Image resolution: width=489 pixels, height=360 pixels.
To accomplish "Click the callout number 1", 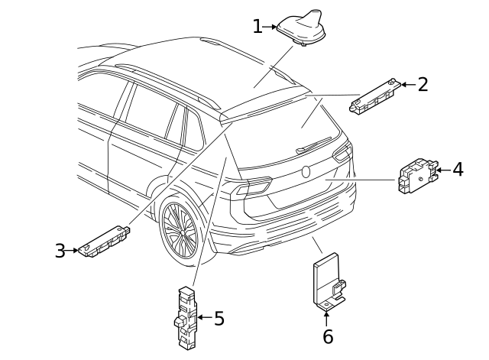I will click(x=257, y=27).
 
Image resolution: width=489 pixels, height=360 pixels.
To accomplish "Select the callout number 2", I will click(x=423, y=83).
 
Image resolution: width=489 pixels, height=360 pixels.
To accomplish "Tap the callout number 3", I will click(x=60, y=251).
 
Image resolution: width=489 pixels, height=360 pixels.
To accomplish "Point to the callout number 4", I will click(x=457, y=169).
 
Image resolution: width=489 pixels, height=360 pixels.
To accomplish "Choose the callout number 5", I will click(x=219, y=318).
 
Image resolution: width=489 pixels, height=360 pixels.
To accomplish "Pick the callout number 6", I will click(x=328, y=336).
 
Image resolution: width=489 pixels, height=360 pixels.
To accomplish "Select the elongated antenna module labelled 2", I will click(x=377, y=95).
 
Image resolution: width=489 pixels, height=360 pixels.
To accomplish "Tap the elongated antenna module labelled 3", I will click(x=106, y=241).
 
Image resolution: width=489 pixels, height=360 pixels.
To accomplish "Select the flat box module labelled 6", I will click(x=326, y=283).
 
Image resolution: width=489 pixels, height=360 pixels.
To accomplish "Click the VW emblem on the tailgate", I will click(x=306, y=171).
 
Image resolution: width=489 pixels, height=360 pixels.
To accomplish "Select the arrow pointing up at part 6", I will click(x=327, y=318).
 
